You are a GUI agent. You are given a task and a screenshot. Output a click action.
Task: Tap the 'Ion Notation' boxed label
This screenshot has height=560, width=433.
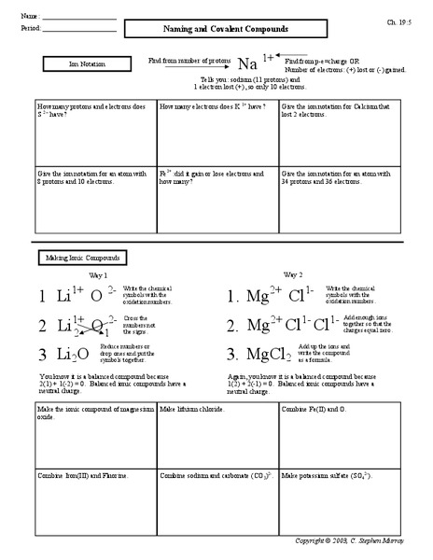tap(81, 65)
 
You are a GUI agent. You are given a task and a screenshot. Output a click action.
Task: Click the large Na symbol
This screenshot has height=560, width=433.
tap(246, 64)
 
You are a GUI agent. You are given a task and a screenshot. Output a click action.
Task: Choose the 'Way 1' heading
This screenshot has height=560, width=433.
tap(98, 274)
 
